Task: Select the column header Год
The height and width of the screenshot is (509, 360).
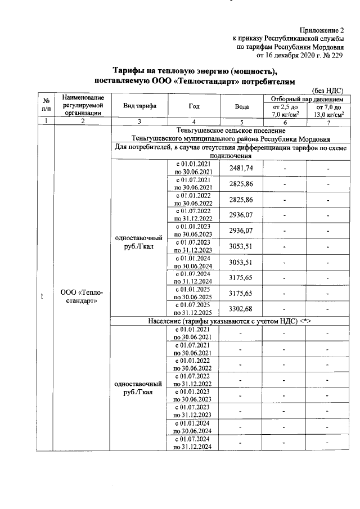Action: point(193,106)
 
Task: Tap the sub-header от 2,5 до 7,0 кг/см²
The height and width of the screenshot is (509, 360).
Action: point(285,110)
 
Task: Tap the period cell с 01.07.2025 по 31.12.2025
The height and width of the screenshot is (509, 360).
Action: point(193,308)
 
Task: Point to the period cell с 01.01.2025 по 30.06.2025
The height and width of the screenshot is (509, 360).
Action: point(193,293)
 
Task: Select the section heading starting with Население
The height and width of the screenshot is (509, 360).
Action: point(230,321)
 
